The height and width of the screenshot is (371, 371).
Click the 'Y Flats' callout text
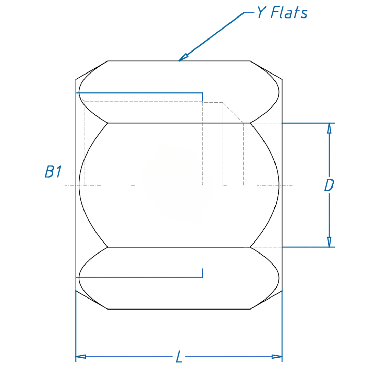(282, 13)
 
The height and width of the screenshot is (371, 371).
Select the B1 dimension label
(53, 172)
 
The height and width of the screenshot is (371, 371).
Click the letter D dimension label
(329, 185)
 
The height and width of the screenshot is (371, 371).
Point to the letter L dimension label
(179, 357)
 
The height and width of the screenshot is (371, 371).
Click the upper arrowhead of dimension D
(329, 128)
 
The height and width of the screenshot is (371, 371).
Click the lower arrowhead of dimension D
(329, 242)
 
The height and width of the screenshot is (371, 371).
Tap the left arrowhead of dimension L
(81, 357)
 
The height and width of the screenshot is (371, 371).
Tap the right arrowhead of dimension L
(277, 357)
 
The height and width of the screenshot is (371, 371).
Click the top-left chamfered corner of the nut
(92, 70)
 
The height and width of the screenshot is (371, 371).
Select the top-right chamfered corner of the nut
(266, 70)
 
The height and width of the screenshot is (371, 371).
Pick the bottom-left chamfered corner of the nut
(92, 300)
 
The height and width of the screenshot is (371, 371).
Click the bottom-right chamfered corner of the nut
(266, 300)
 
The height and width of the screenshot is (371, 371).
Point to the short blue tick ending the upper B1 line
(202, 97)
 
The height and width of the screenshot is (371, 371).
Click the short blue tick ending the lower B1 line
(202, 273)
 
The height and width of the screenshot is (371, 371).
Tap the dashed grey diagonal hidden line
(233, 113)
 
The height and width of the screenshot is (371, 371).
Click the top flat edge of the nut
(144, 61)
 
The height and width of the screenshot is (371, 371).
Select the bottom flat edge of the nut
(179, 309)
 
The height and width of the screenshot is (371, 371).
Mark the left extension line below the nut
(76, 326)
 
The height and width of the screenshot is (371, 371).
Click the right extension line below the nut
(282, 326)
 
